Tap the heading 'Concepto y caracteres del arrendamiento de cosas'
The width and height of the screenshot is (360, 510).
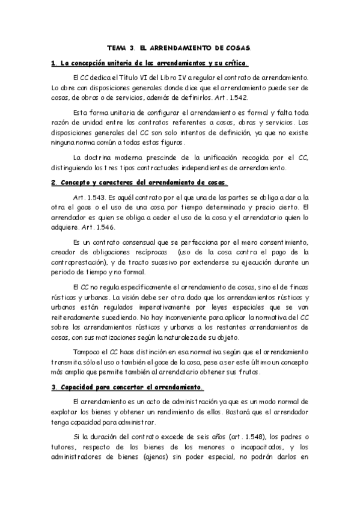click(x=139, y=182)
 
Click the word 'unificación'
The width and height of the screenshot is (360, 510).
click(x=230, y=158)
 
